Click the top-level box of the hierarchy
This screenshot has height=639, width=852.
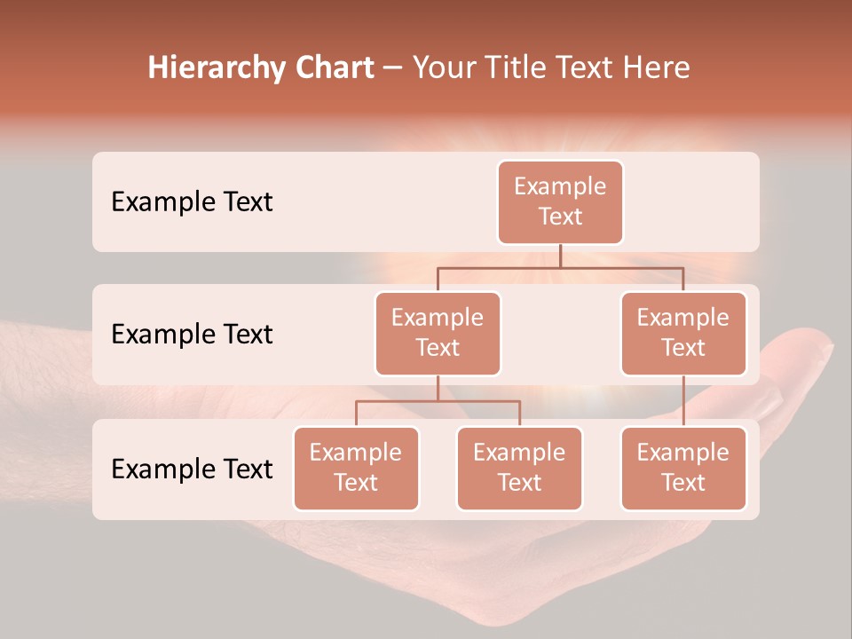tap(560, 201)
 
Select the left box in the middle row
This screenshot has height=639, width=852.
tap(438, 333)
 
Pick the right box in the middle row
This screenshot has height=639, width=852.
tap(683, 333)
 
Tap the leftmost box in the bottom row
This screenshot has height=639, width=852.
tap(356, 468)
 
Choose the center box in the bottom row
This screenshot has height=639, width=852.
tap(519, 468)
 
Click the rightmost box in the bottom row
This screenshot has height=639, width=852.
tap(683, 468)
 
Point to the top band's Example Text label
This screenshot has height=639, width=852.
tap(192, 201)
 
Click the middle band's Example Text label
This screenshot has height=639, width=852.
tap(192, 334)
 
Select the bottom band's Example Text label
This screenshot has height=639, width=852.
tap(192, 469)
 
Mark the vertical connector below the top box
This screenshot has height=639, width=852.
tap(560, 256)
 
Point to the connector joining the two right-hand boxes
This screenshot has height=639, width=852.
tap(683, 401)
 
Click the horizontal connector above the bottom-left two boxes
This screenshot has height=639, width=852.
tap(438, 401)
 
